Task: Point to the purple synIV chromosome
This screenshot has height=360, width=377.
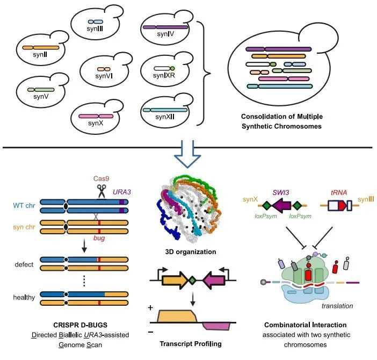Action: [165, 26]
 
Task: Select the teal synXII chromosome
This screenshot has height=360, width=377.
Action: [165, 110]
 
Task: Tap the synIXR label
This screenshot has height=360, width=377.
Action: [165, 76]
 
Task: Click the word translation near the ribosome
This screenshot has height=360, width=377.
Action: [337, 306]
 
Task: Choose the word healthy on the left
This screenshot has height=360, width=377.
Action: [25, 297]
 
